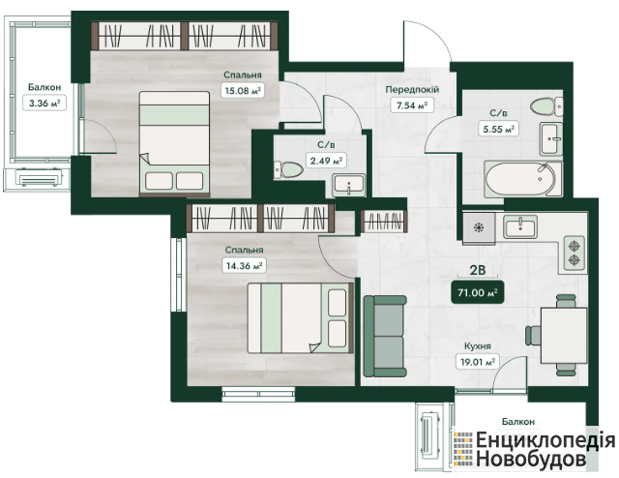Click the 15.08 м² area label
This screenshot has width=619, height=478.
(x=243, y=91)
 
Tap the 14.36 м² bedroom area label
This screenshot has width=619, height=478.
(x=244, y=265)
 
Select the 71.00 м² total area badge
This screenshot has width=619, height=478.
(x=477, y=292)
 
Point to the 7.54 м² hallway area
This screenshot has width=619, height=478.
(x=412, y=105)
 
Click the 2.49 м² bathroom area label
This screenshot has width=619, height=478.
(x=327, y=161)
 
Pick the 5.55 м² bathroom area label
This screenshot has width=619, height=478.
(x=499, y=129)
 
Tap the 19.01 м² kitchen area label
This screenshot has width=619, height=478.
(x=477, y=362)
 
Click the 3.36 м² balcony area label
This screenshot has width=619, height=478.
(x=44, y=104)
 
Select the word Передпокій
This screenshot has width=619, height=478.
(x=412, y=90)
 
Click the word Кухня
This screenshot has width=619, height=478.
(x=478, y=346)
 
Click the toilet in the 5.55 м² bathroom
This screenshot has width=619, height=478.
(x=546, y=106)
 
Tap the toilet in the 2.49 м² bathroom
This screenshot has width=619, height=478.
(x=288, y=169)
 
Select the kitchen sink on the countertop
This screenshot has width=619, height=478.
(x=520, y=226)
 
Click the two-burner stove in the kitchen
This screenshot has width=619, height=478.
(x=574, y=254)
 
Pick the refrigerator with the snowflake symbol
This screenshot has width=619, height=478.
(x=479, y=227)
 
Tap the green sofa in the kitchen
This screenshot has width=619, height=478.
(x=385, y=336)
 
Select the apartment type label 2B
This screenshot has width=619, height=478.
(x=477, y=270)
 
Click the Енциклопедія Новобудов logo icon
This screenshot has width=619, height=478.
(x=462, y=448)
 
